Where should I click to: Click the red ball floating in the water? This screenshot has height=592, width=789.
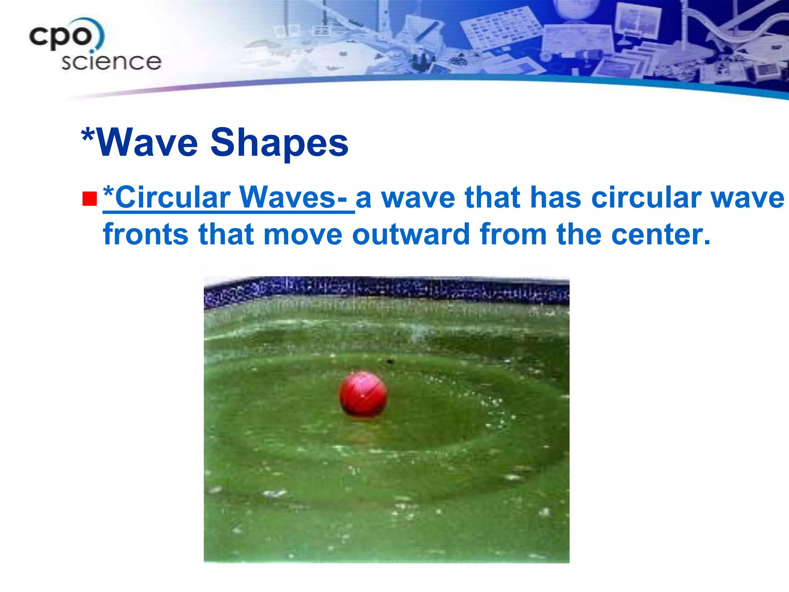pos(363,394)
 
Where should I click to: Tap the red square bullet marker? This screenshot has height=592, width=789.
pos(89,199)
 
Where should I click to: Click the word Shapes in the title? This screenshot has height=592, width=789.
pos(279,143)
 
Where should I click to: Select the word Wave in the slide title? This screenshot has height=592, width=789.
pos(148,143)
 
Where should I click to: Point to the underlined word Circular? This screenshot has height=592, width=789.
pos(173,197)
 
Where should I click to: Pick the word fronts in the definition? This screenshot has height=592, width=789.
pos(146,234)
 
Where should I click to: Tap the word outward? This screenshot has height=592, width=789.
pos(411,234)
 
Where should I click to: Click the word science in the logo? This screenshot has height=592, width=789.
pos(111,62)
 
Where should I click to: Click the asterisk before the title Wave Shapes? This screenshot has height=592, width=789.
pos(88,136)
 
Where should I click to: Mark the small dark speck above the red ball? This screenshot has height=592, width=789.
pos(390,362)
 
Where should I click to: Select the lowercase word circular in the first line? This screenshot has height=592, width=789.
pos(646,197)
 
